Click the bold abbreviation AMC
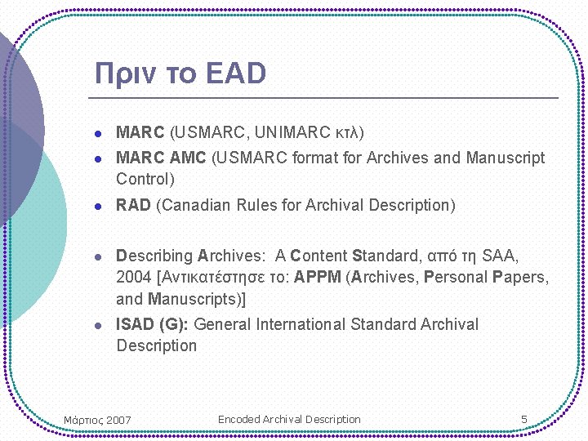pos(189,158)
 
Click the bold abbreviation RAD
pos(133,205)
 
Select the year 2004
pos(134,277)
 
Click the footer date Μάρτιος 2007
pos(97,421)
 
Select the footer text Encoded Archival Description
pos(289,419)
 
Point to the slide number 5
pos(524,420)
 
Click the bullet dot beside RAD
pos(96,206)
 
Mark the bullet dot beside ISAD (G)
pos(96,325)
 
